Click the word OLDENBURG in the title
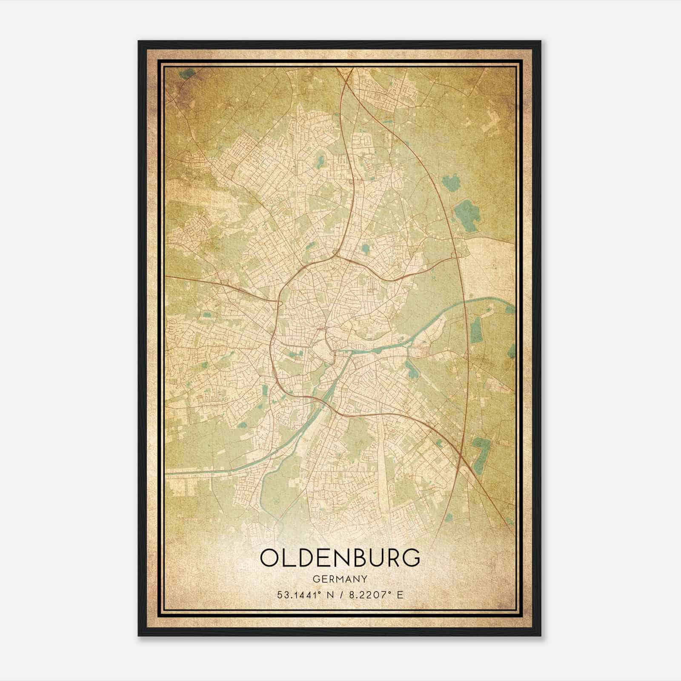340,558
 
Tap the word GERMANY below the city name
340,579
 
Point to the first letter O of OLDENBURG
270,558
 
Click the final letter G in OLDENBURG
410,558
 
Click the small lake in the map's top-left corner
186,74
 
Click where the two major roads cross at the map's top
346,76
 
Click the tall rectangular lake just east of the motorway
476,330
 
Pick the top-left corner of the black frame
139,41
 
